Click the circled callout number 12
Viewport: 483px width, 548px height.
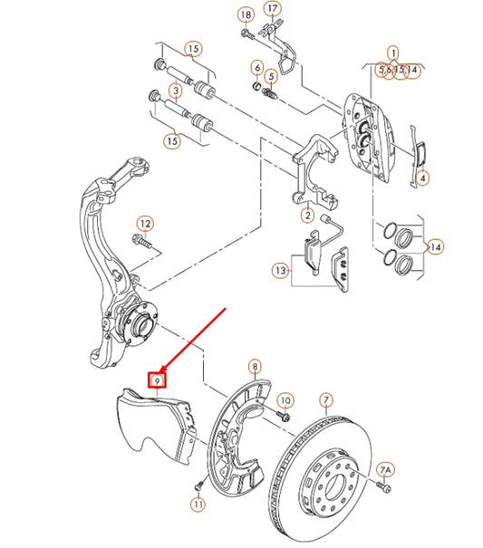[x=144, y=224]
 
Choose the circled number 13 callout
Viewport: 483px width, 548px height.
[x=280, y=269]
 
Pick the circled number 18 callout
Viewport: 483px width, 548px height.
[x=246, y=14]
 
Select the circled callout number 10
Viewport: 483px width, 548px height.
[x=285, y=399]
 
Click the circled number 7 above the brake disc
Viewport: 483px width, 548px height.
[x=326, y=399]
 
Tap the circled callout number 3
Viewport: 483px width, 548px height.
[x=175, y=91]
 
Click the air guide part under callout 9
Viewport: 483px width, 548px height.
[x=159, y=426]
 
